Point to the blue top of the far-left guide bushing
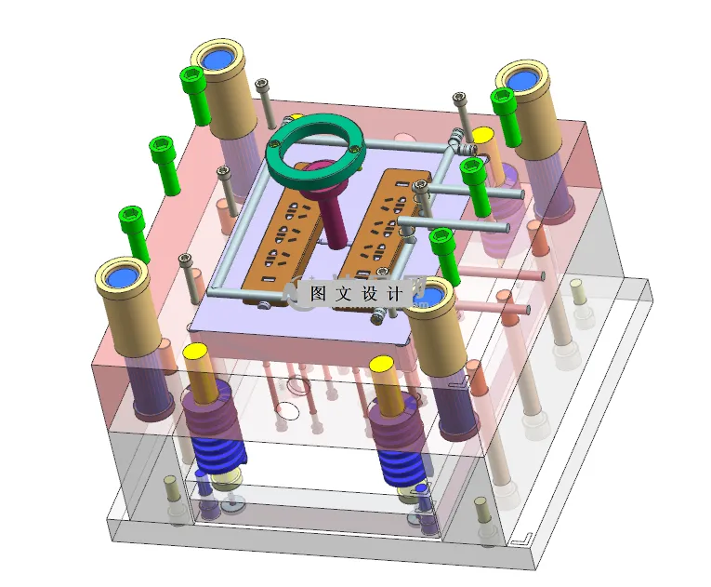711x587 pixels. click(123, 276)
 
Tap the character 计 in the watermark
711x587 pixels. click(393, 293)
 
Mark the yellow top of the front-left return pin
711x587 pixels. click(195, 354)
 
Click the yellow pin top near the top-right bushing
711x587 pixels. click(483, 135)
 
